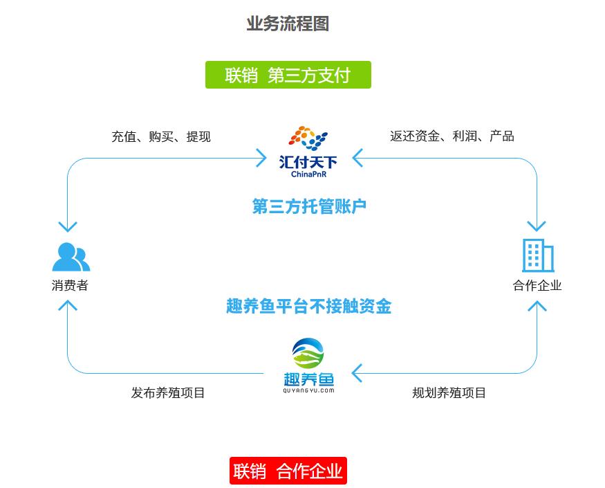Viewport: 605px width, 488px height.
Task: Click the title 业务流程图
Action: pos(288,24)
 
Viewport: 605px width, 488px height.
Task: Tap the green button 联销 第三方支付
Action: pos(288,75)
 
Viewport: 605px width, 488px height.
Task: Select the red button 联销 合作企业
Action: pos(288,471)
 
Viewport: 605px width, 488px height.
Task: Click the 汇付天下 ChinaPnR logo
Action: pos(308,152)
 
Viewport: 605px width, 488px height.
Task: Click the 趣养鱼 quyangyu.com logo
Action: pos(308,365)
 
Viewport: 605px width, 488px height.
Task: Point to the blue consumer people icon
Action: pos(71,257)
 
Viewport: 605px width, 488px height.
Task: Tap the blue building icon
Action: pos(537,255)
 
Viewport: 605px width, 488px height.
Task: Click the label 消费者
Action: pos(70,285)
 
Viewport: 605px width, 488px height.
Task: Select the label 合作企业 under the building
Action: pos(537,285)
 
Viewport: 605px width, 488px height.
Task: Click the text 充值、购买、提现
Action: pos(160,136)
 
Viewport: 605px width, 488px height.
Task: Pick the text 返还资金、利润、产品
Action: pos(452,136)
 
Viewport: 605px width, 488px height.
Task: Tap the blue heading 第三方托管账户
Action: pos(308,206)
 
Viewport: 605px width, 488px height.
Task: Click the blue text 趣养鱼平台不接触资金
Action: pos(308,306)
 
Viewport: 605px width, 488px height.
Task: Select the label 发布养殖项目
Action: pos(168,392)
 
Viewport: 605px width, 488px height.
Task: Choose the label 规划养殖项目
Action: pos(449,392)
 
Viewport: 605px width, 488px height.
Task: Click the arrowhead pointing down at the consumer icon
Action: pos(68,226)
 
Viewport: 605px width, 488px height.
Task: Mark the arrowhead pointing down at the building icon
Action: pos(537,226)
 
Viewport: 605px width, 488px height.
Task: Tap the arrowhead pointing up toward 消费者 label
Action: pos(68,307)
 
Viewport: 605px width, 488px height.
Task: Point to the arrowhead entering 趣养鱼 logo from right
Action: pos(357,373)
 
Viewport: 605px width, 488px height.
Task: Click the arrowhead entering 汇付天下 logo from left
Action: pos(261,158)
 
